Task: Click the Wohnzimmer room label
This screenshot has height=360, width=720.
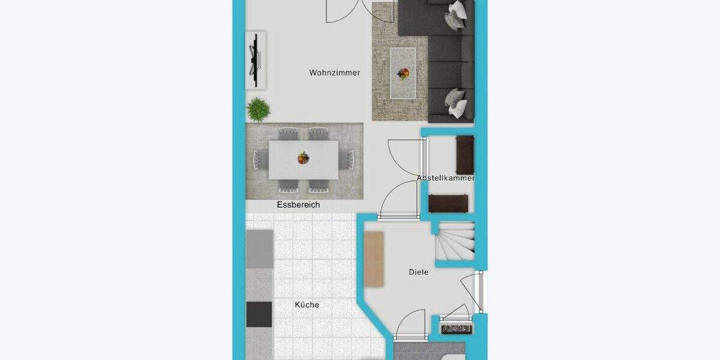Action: tap(335, 73)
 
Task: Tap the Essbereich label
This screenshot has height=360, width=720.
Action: tap(298, 205)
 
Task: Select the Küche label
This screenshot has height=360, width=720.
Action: tap(307, 305)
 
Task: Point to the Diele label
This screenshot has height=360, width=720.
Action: tap(418, 272)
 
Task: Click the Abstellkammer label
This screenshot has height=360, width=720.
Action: tap(446, 178)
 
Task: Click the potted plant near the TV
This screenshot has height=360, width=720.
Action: tap(258, 109)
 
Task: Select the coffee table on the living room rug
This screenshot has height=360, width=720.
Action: tap(403, 73)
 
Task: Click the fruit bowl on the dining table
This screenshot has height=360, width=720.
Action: tap(303, 158)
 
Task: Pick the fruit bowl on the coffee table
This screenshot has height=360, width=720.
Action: tap(403, 73)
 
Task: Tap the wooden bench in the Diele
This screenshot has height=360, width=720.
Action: tap(374, 259)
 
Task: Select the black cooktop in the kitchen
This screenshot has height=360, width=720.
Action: tap(259, 314)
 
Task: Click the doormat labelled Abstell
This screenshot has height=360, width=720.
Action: tap(457, 328)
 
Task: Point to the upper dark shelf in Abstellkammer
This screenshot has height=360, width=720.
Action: tap(465, 154)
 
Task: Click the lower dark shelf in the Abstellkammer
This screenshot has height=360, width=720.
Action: tap(448, 203)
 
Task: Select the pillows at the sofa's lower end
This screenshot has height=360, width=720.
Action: tap(456, 103)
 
